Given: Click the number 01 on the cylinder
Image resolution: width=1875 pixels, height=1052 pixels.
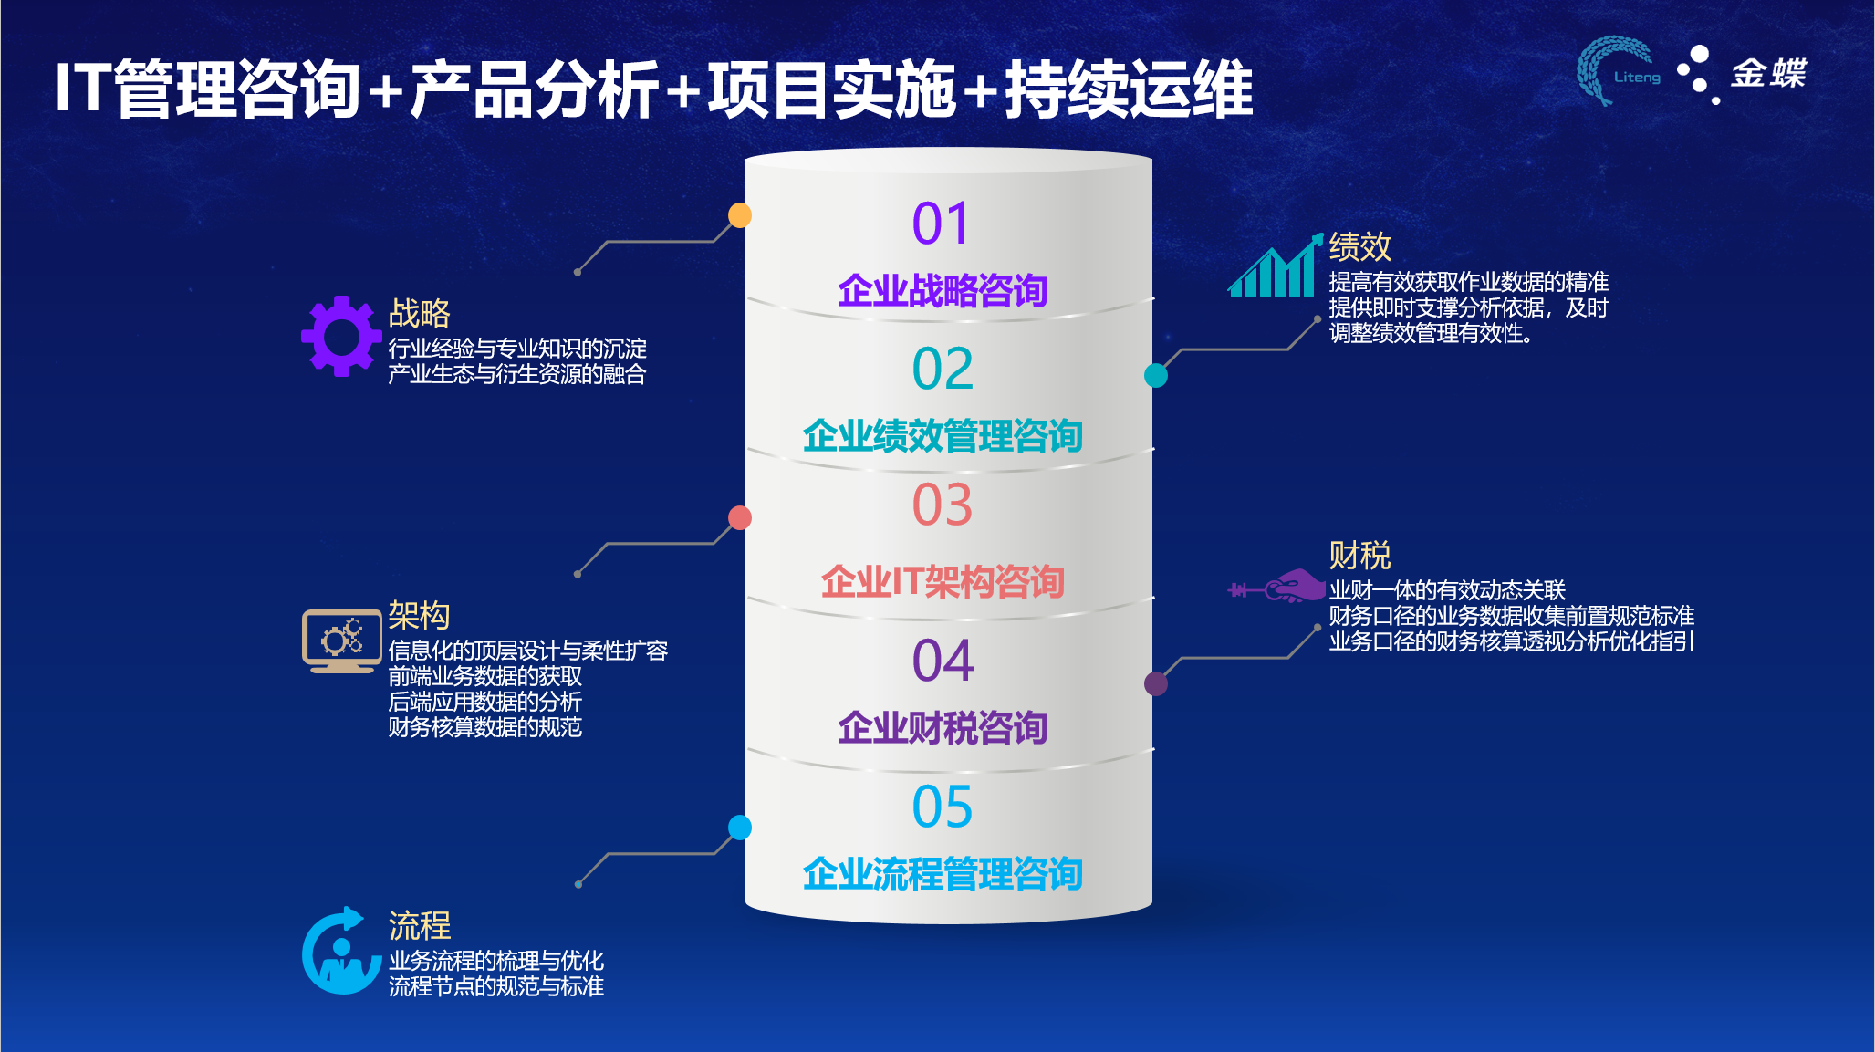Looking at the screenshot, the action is tap(941, 224).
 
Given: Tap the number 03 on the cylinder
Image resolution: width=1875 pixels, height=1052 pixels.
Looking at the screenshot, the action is tap(943, 505).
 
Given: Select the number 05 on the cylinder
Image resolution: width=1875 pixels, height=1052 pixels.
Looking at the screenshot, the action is tap(943, 807).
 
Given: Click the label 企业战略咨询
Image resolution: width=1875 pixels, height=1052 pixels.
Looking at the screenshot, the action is tap(943, 291).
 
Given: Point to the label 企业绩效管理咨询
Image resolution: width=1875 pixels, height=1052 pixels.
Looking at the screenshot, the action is tap(943, 436).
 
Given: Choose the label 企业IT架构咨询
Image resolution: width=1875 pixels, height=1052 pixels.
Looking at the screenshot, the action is tap(943, 582).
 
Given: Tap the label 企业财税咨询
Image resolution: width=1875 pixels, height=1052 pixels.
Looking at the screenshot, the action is tap(943, 728).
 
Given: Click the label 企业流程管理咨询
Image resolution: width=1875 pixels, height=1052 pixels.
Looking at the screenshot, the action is tap(943, 874).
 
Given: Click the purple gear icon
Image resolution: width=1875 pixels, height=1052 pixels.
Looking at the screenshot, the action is tap(341, 336).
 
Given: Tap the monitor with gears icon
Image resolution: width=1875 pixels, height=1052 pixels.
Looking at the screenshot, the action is tap(341, 641).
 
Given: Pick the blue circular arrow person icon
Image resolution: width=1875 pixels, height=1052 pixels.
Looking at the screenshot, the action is tap(341, 951).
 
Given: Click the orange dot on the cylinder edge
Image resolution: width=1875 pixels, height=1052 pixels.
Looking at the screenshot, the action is tap(740, 215).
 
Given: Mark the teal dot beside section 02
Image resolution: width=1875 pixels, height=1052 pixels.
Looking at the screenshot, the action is tap(1156, 375).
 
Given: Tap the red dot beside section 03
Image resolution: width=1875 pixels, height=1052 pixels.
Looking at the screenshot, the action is tap(740, 517).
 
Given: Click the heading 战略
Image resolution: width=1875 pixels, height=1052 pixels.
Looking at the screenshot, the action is tap(420, 313).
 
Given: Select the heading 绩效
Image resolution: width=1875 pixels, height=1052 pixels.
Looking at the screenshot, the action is tap(1359, 246).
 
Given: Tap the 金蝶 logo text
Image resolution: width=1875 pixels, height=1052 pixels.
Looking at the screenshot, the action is tap(1769, 73).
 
